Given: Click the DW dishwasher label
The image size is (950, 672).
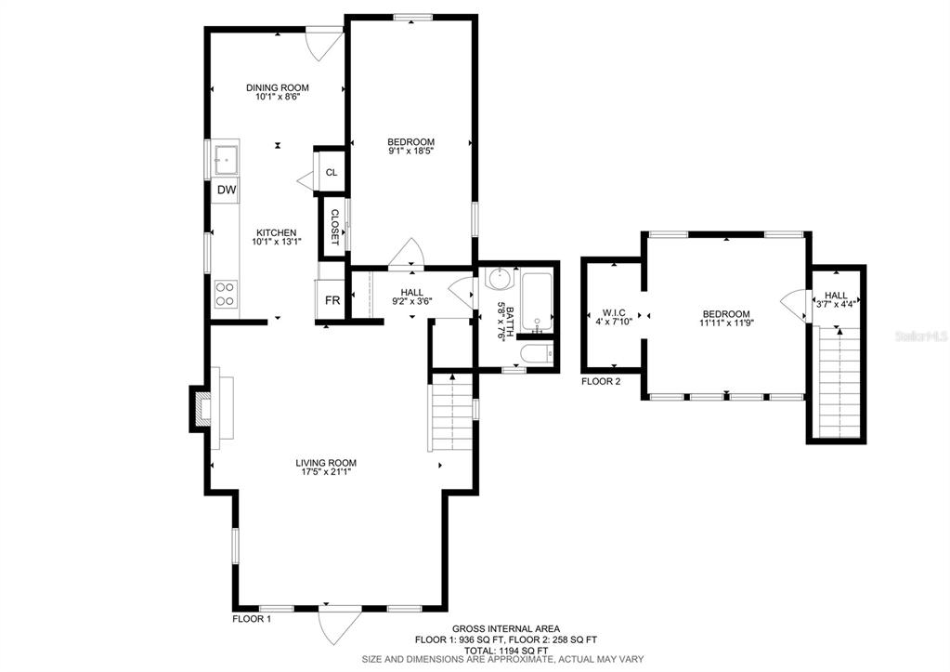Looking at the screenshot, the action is (x=227, y=190).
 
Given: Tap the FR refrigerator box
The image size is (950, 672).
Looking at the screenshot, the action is (x=331, y=299).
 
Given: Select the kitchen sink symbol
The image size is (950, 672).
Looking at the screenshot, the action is (x=226, y=158).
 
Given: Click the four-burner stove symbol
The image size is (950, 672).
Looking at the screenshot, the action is (x=226, y=294).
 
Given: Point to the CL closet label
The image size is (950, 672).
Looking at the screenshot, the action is (x=332, y=172).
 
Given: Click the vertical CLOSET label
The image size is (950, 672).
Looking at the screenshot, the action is (x=334, y=227).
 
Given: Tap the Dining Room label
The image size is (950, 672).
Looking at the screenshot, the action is (x=278, y=87).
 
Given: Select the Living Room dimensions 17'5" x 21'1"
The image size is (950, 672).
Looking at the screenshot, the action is (x=326, y=471).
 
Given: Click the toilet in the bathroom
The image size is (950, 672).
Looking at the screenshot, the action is (x=537, y=353).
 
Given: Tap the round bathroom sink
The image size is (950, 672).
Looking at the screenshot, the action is (x=501, y=280).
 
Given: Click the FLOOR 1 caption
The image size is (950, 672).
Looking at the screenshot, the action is (x=252, y=619).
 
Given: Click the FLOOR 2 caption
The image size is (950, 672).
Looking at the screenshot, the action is (x=601, y=381).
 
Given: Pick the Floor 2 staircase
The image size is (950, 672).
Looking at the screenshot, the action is (x=839, y=382).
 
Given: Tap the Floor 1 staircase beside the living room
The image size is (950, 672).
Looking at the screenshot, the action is (x=451, y=413).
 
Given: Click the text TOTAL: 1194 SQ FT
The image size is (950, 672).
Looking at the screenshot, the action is (x=506, y=650).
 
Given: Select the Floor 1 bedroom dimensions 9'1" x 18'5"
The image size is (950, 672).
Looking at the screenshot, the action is (x=411, y=150).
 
